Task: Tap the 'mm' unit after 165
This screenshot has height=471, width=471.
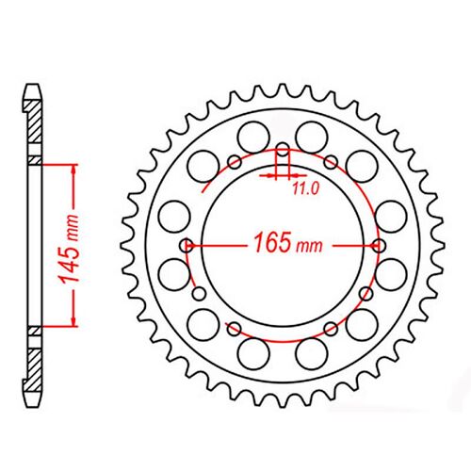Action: [x=310, y=248]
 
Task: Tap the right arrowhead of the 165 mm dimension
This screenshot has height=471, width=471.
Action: [x=370, y=245]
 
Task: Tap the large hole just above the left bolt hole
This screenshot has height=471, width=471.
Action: [x=174, y=216]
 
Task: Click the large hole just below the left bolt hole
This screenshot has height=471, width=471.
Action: [x=174, y=274]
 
